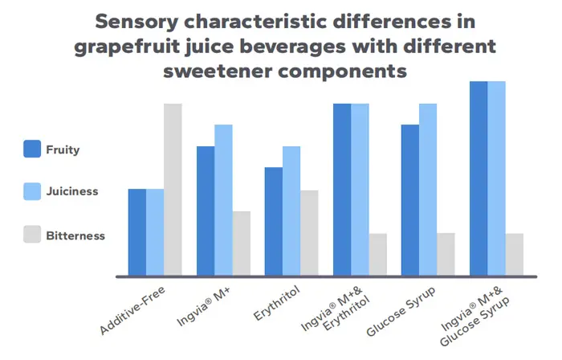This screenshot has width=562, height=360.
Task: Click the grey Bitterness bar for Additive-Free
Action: coord(173,190)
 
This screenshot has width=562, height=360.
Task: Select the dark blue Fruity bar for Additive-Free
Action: coord(137,232)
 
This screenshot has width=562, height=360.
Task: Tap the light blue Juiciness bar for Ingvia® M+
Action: coord(223,200)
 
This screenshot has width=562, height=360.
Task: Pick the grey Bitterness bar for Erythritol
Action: coord(309,233)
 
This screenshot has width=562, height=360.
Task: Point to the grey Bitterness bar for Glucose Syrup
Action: coord(446,254)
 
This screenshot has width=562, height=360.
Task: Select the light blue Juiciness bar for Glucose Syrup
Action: coord(428,190)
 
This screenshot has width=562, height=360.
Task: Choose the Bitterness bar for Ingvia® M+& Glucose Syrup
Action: coord(514,254)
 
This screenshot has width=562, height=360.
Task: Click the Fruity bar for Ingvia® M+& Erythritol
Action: coord(342,190)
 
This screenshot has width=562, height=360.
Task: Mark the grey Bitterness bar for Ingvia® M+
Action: coord(241,243)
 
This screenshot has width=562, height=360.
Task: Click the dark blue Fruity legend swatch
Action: coord(32,149)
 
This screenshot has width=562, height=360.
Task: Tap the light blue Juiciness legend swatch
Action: coord(32,191)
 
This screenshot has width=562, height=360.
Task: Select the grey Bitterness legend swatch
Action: coord(32,235)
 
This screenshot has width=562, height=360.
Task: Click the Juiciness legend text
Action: coord(72,192)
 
